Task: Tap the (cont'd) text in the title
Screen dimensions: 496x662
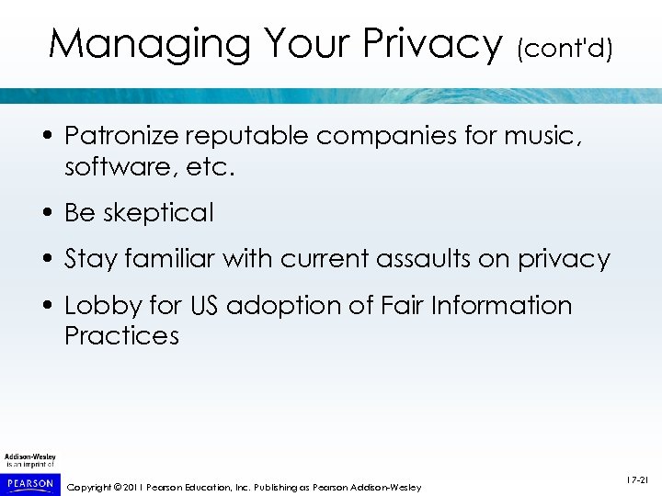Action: [x=564, y=48]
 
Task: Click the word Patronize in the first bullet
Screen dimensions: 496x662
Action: [x=120, y=137]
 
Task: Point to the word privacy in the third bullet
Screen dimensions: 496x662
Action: [x=564, y=259]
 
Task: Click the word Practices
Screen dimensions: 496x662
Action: [x=121, y=335]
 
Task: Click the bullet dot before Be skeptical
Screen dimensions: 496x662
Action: [x=46, y=213]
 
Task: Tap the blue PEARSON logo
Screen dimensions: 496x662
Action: [x=30, y=483]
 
